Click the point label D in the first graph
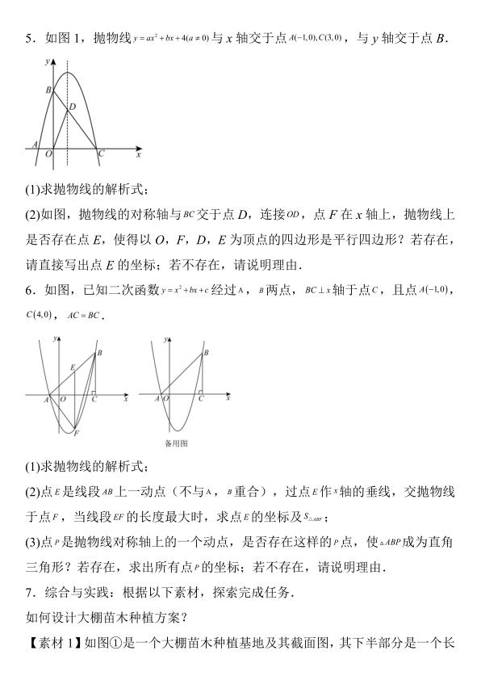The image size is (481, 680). click(x=73, y=107)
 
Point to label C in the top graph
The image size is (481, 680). click(x=100, y=153)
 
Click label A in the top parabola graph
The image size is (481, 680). click(x=35, y=145)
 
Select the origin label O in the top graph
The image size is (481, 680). click(x=48, y=153)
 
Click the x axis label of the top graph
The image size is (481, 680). click(x=138, y=153)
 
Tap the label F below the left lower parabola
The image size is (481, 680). click(x=76, y=434)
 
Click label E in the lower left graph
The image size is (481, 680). click(x=72, y=368)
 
